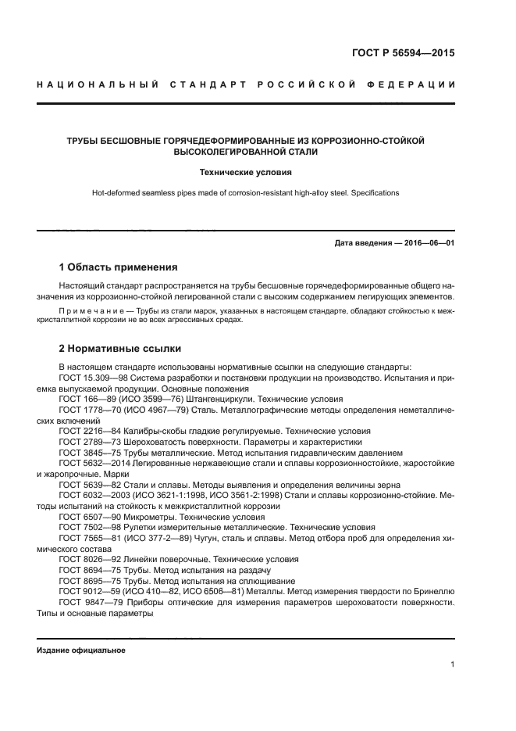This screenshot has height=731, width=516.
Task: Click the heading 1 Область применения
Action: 118,267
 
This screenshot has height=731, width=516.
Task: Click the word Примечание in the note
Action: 90,310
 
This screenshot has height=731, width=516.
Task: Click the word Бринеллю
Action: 432,592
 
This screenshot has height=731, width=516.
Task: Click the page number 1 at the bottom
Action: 452,665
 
